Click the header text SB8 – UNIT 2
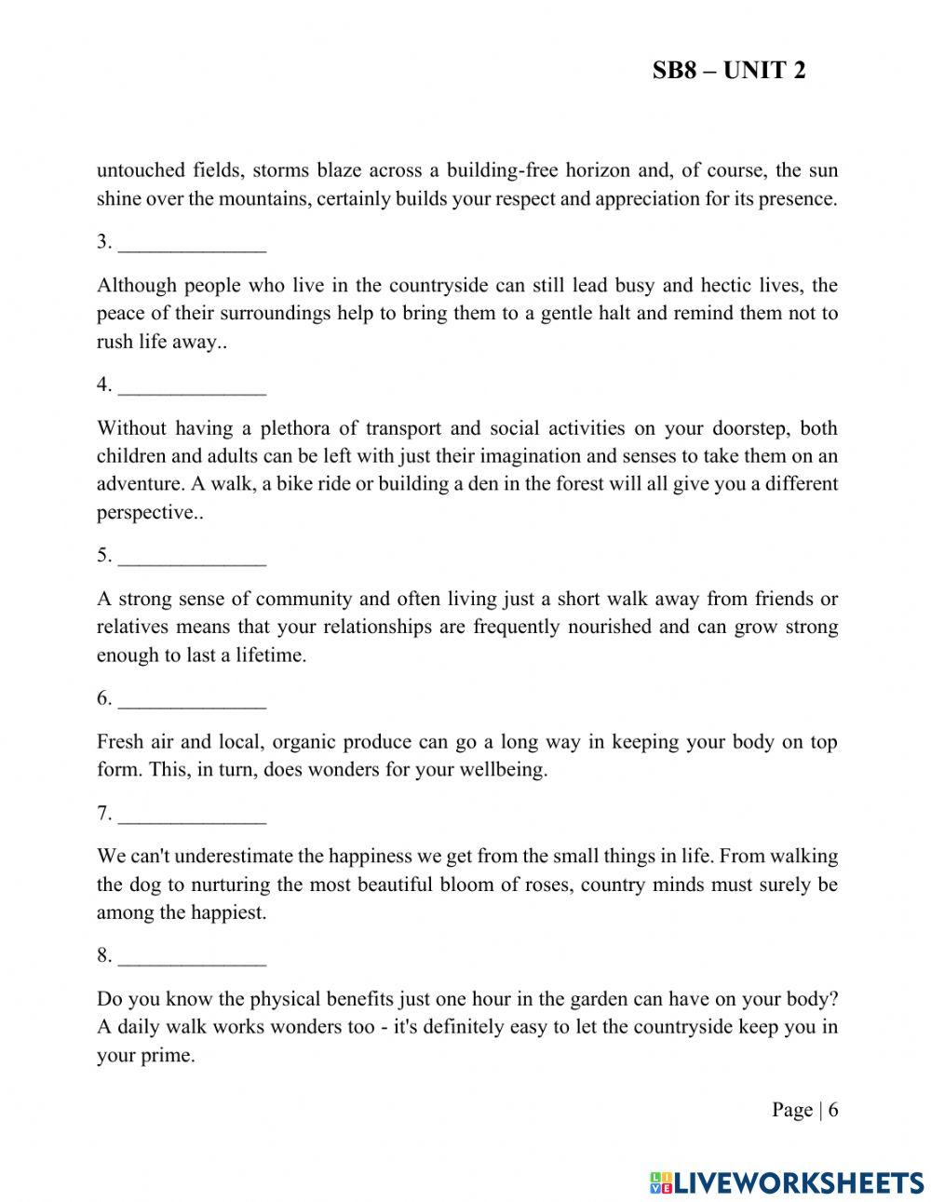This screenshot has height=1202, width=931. (729, 71)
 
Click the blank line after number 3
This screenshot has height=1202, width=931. (193, 244)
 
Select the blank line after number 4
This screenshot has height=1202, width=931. (193, 386)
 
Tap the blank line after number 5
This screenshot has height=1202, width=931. (193, 558)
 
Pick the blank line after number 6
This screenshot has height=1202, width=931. (193, 700)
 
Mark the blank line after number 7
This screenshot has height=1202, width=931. (193, 816)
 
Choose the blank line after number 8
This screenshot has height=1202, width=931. (193, 957)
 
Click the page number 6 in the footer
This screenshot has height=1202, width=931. (833, 1110)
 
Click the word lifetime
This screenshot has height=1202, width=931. (269, 655)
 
